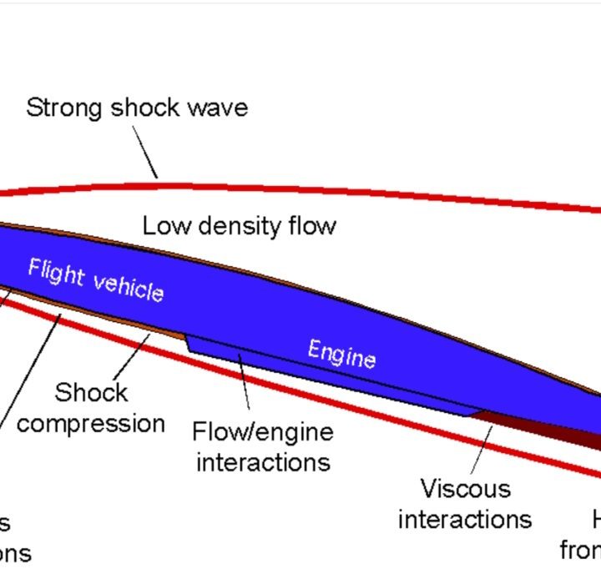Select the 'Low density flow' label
pos(239,225)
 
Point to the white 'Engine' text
pos(341,353)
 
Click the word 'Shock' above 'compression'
pos(91,392)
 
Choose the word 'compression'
pos(91,423)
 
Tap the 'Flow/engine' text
pos(262,431)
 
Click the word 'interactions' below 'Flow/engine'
pos(263,461)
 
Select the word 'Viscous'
pos(465,487)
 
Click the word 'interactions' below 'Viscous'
pos(464,518)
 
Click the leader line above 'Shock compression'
pos(132,355)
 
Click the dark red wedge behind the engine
pos(551,425)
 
